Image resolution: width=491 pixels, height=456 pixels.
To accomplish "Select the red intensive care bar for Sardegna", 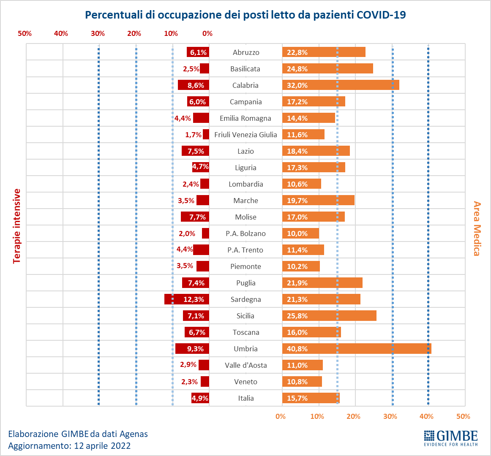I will [x=187, y=299].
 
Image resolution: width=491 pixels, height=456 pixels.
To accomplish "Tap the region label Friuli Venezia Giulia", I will [x=245, y=135].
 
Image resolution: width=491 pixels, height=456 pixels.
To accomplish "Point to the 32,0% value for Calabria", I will [x=297, y=85].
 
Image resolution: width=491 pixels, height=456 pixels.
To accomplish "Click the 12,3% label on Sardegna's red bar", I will [x=194, y=299].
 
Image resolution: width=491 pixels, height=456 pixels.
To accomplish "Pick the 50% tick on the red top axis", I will [x=25, y=34].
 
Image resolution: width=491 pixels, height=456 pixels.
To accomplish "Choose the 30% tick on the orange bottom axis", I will [x=390, y=417].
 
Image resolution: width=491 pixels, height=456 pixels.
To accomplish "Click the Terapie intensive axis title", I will [x=17, y=226].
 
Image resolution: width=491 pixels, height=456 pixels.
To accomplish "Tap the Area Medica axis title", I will [x=477, y=228].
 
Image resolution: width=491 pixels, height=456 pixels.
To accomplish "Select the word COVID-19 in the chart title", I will [x=381, y=15].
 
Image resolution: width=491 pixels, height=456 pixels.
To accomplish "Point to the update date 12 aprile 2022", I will [x=102, y=445].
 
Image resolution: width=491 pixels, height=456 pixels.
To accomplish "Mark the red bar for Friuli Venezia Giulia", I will [x=206, y=135].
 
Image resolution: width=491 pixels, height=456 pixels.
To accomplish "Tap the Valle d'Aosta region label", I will [x=245, y=365].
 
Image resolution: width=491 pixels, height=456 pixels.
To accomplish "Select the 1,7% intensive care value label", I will [x=193, y=135].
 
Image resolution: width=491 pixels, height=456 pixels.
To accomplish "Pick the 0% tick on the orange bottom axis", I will [x=281, y=417].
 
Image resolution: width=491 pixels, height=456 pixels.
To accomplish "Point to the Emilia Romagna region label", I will [x=245, y=118].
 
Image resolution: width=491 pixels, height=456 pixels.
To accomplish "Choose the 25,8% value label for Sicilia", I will [x=297, y=316].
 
